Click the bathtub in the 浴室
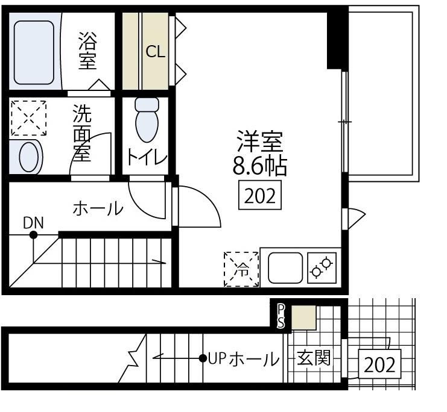tap(34, 52)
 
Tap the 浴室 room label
tap(87, 51)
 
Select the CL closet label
tap(156, 52)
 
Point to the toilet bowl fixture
tap(147, 120)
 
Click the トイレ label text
tap(147, 157)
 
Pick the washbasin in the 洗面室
tap(28, 157)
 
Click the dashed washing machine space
tap(28, 118)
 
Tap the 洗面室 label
tap(82, 133)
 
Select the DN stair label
tap(33, 223)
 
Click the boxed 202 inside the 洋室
tap(260, 195)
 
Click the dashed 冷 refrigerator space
tap(241, 269)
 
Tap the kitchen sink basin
tap(285, 267)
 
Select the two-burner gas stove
tap(322, 267)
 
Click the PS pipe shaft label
tap(281, 316)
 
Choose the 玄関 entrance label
tap(314, 358)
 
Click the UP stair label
tap(217, 359)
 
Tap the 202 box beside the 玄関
tap(379, 364)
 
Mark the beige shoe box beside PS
tap(303, 317)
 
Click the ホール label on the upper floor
tap(98, 208)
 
